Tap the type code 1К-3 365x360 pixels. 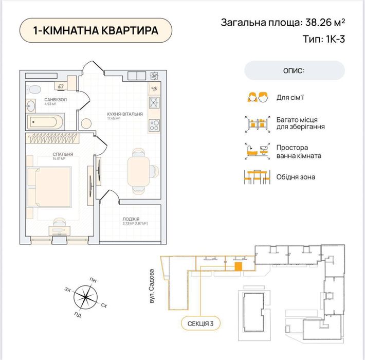click(x=330, y=39)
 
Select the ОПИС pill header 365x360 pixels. click(x=294, y=70)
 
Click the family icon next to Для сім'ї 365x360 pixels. click(x=258, y=97)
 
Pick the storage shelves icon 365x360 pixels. click(x=258, y=123)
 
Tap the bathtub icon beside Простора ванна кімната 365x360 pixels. click(x=258, y=150)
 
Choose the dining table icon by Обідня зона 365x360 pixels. click(x=258, y=177)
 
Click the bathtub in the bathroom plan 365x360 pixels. click(x=45, y=122)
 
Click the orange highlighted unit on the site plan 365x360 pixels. click(x=239, y=266)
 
